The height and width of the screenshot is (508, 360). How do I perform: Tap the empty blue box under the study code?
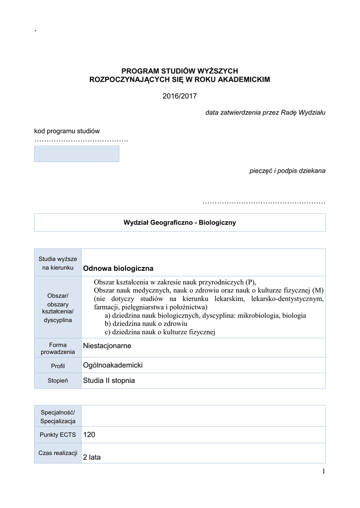76,154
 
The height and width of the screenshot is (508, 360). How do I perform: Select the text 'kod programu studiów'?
67,131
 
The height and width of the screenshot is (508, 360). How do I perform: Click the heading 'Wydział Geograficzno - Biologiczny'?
180,223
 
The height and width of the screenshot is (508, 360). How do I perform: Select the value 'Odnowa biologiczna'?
118,268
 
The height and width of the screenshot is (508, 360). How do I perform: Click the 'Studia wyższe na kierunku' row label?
58,263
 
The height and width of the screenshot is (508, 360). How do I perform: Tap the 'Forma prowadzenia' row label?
58,348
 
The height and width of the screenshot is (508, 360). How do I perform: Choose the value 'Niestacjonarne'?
107,346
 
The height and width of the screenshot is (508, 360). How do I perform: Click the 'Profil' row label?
58,366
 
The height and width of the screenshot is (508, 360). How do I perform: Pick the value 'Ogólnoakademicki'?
113,365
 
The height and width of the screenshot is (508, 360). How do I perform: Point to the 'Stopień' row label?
58,381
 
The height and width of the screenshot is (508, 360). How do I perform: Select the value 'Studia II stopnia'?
109,381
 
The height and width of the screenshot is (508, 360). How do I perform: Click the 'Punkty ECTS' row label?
58,435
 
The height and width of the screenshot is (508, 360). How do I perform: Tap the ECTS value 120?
89,435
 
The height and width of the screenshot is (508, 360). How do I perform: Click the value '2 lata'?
92,457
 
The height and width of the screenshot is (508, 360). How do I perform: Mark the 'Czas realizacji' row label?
58,453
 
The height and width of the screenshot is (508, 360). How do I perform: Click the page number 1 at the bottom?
323,471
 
